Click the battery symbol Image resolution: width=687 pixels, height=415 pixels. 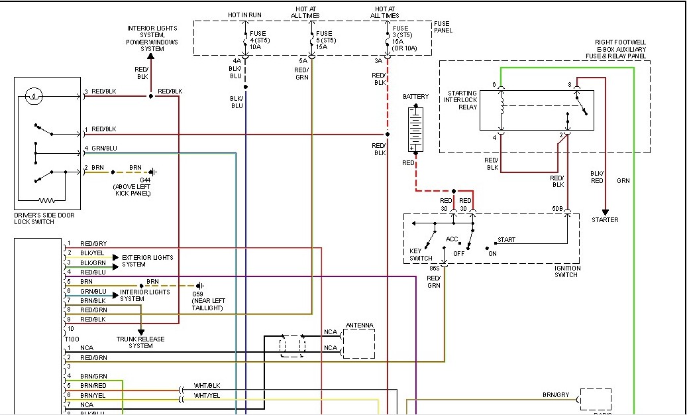[x=415, y=129]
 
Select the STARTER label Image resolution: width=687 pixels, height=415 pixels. [x=605, y=220]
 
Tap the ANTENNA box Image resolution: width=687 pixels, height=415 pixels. [x=358, y=344]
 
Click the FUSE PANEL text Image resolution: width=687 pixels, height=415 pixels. [x=442, y=27]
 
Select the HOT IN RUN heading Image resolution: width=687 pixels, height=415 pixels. [x=244, y=15]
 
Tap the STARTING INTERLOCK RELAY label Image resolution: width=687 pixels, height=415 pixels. [x=462, y=99]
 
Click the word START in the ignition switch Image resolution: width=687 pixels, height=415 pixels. [x=506, y=240]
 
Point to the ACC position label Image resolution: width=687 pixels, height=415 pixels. [x=452, y=239]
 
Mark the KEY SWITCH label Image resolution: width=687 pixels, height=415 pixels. [x=421, y=255]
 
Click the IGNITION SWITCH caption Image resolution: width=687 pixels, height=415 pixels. [x=566, y=271]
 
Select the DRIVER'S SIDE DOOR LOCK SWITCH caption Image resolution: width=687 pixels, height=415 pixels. [x=43, y=218]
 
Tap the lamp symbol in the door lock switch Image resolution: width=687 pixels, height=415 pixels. [x=34, y=97]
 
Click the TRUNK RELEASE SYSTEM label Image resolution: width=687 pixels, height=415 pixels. [x=140, y=342]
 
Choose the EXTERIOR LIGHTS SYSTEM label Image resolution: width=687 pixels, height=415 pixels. [x=147, y=261]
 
